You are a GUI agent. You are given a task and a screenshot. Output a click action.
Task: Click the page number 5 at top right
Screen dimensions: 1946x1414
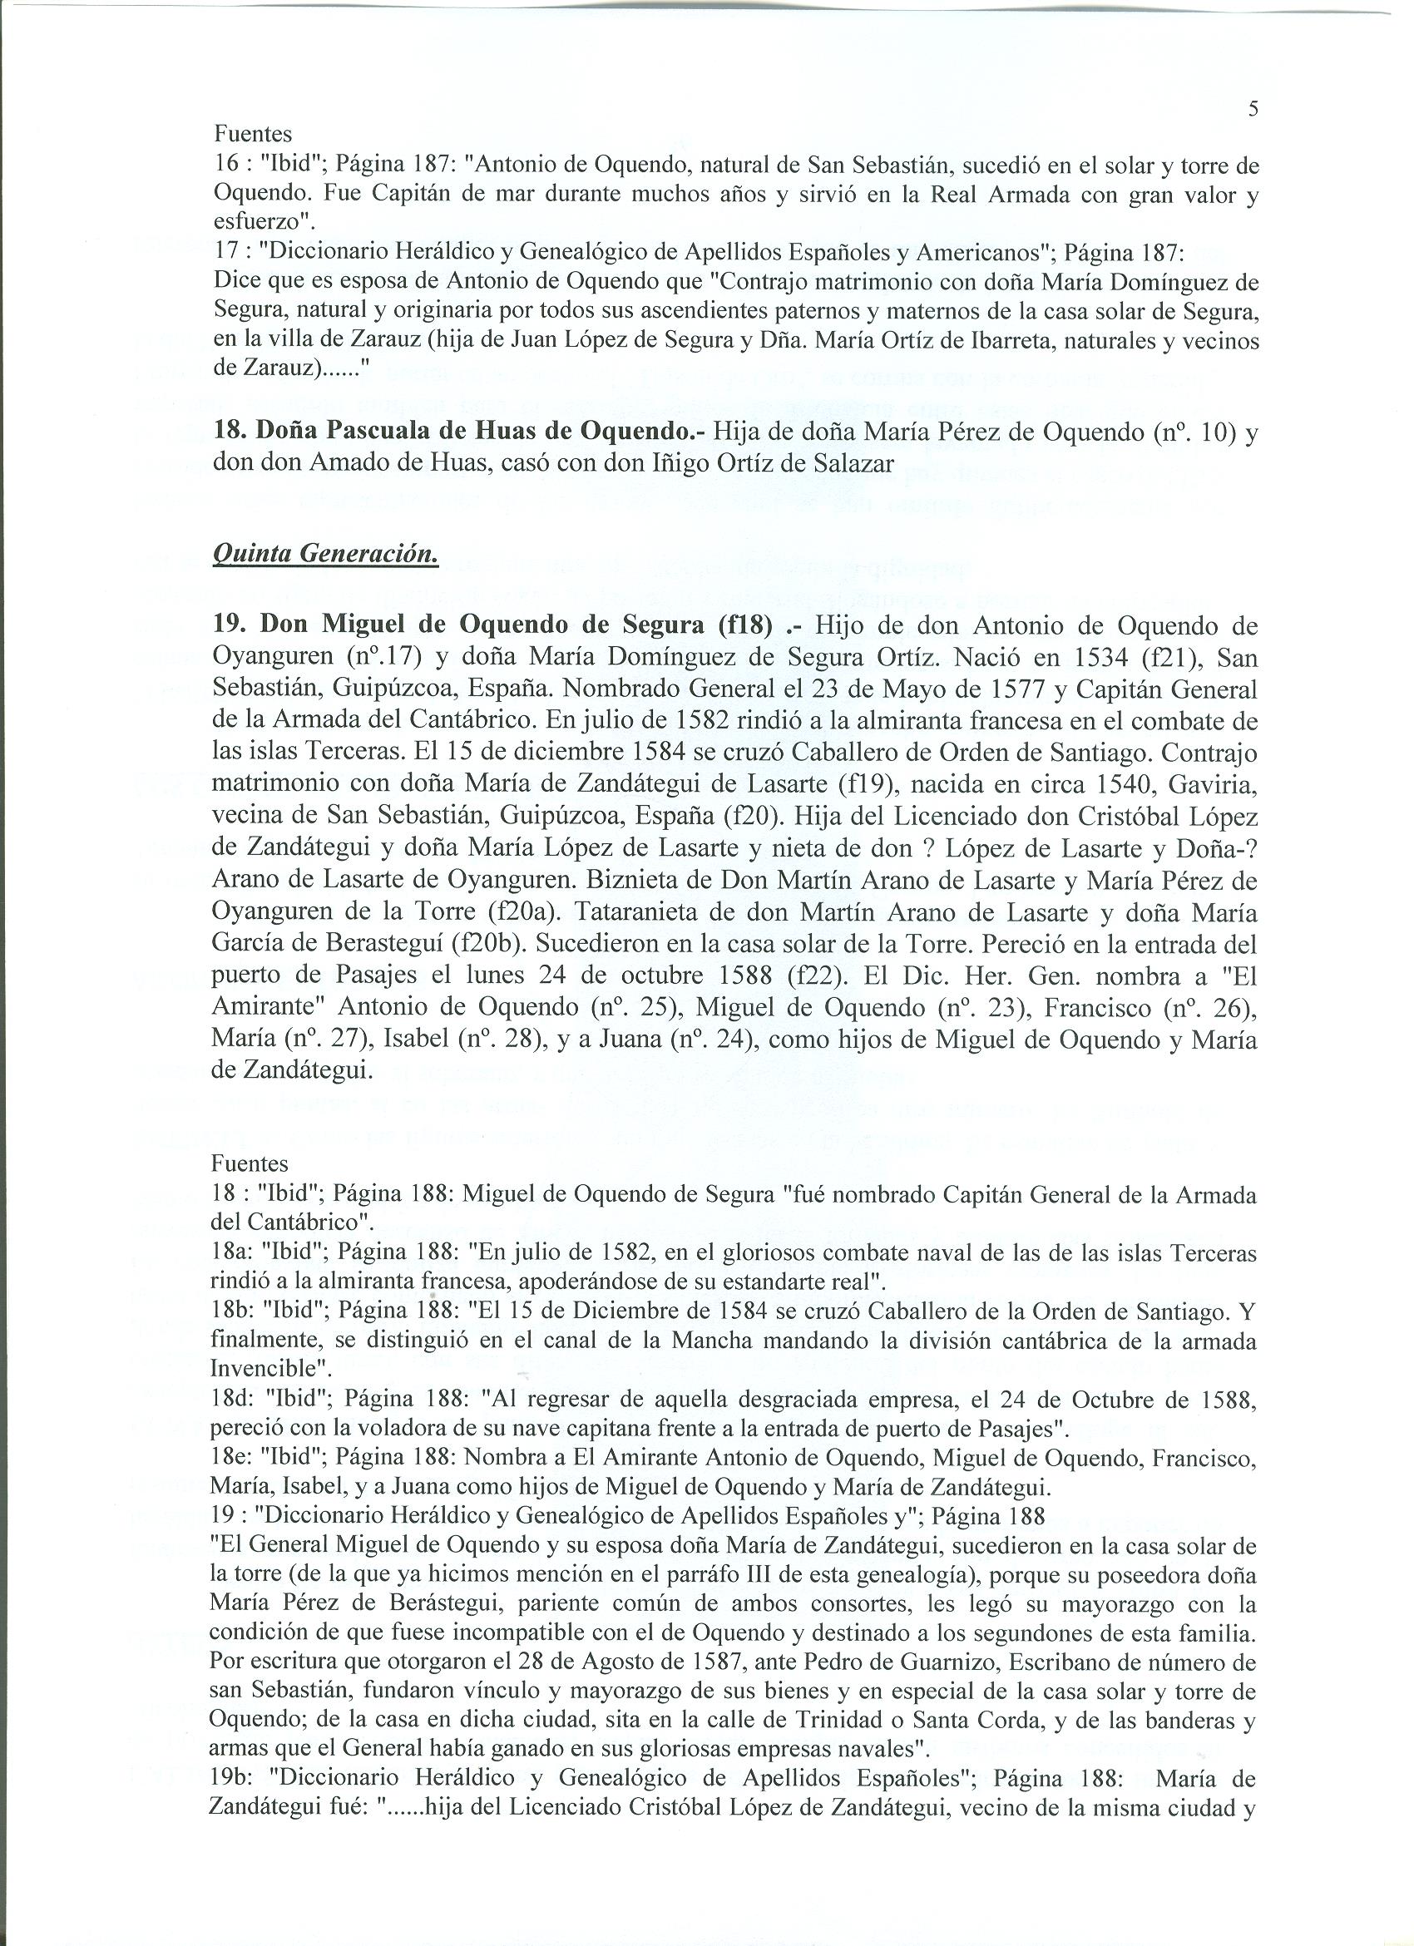(x=1253, y=109)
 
